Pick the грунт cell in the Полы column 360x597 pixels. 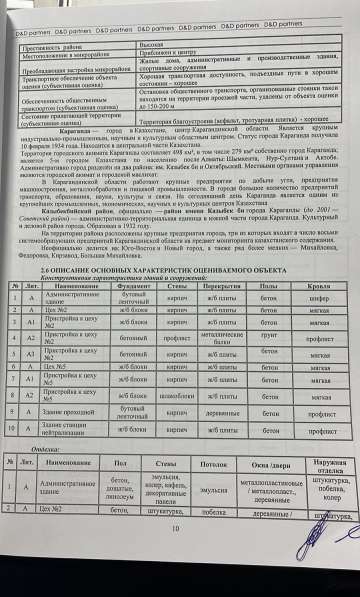pyautogui.click(x=262, y=339)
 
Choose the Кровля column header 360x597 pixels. pyautogui.click(x=313, y=285)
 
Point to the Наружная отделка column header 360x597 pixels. pyautogui.click(x=322, y=466)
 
